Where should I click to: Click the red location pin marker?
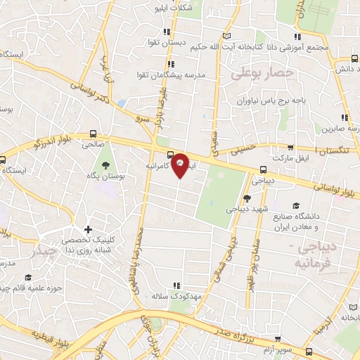[181, 165]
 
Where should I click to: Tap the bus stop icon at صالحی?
[94, 133]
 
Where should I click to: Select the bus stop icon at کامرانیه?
[170, 155]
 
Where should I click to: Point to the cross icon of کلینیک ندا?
[88, 229]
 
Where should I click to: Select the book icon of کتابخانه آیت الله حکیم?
[226, 36]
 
